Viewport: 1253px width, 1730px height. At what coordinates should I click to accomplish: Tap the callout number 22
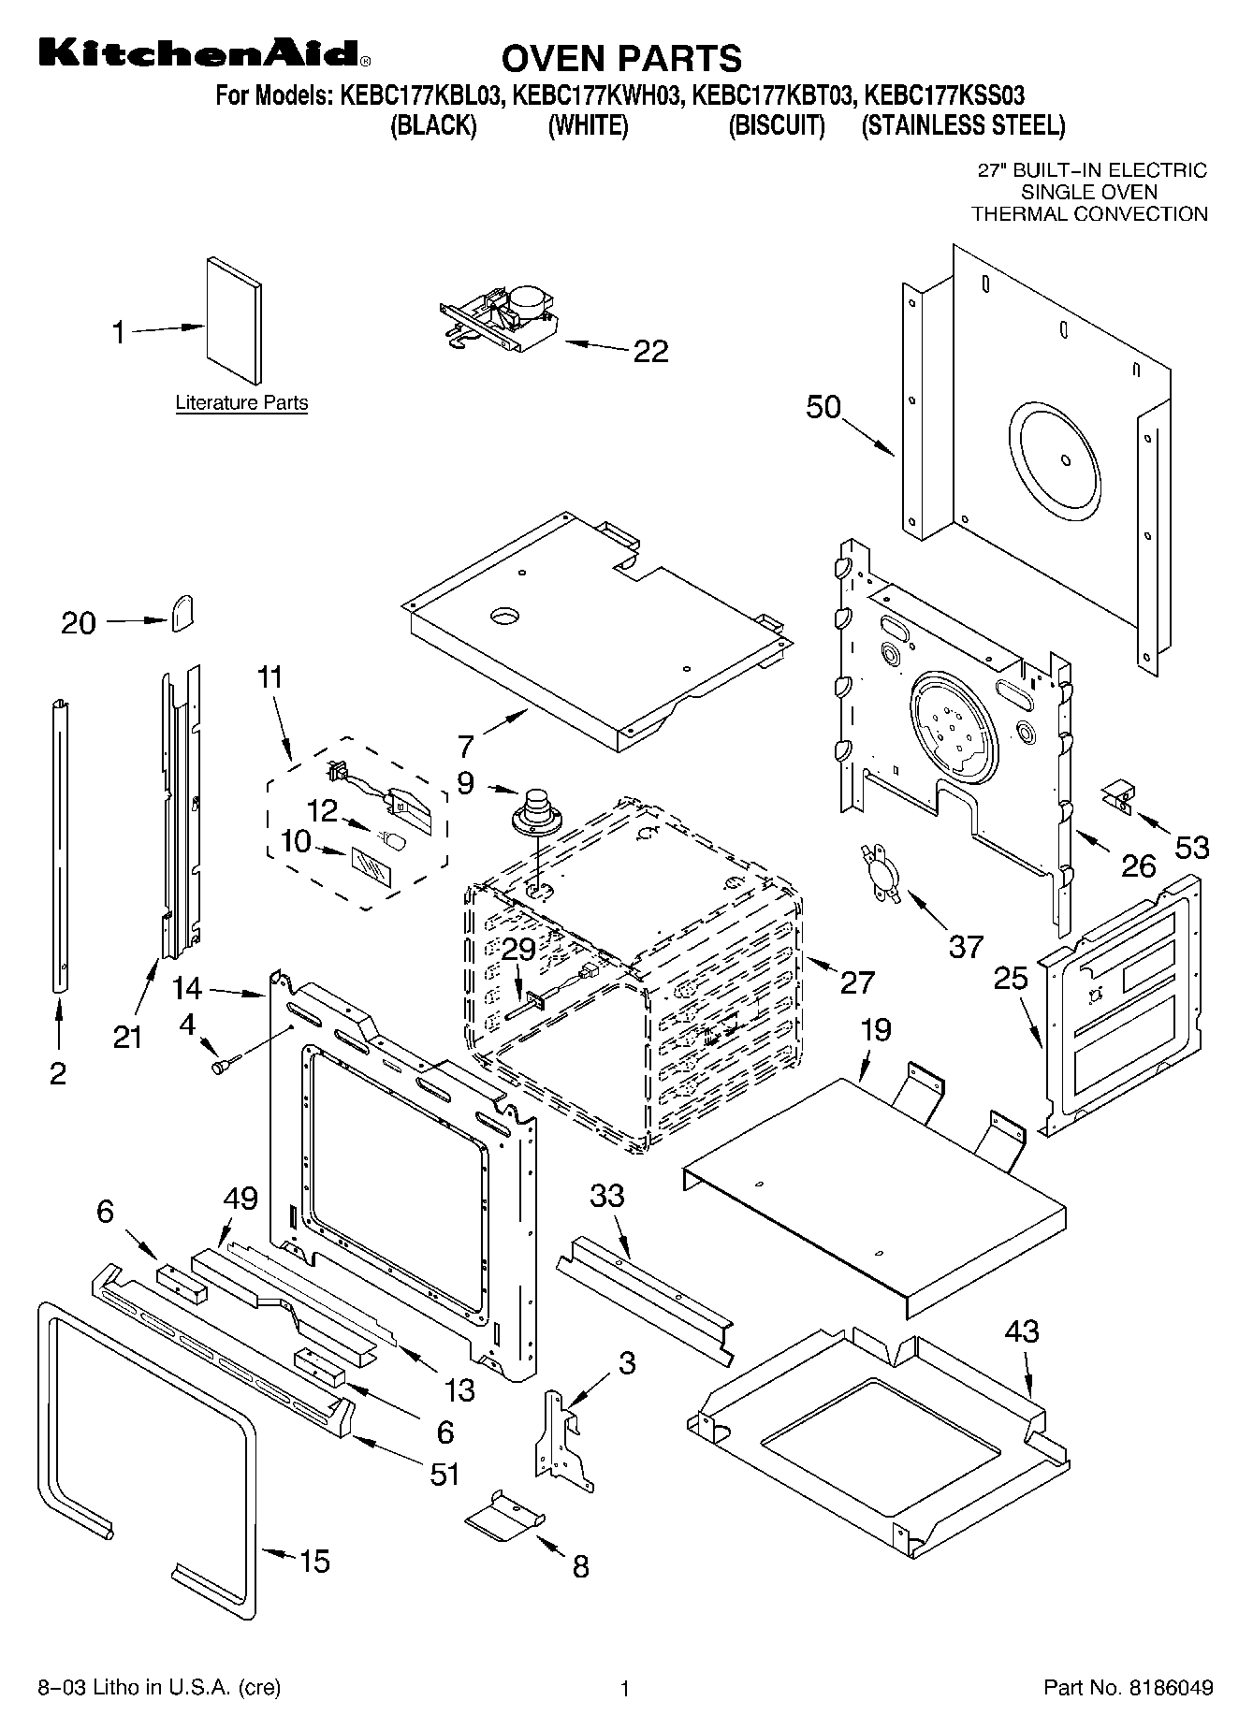pyautogui.click(x=651, y=351)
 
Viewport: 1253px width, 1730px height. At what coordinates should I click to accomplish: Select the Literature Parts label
pyautogui.click(x=241, y=403)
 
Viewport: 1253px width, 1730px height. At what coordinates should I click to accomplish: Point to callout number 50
pyautogui.click(x=823, y=407)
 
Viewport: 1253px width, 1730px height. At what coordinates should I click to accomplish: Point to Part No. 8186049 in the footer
pyautogui.click(x=1128, y=1688)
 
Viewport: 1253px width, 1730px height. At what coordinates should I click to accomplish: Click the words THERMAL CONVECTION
pyautogui.click(x=1089, y=214)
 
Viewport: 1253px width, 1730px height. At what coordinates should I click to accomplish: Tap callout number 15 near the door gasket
pyautogui.click(x=314, y=1561)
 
